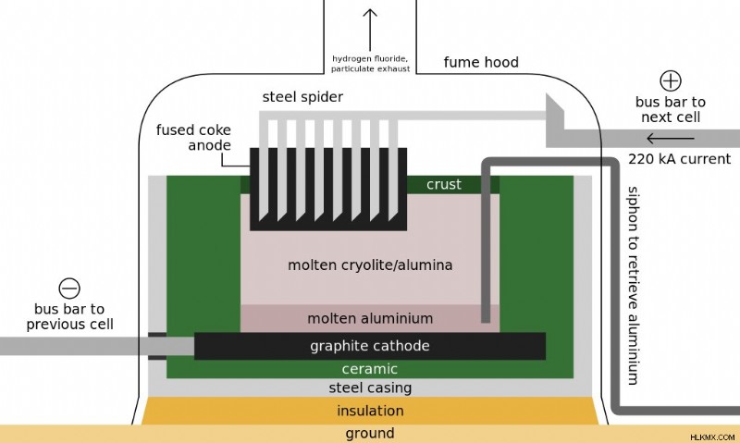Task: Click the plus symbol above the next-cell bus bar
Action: pyautogui.click(x=670, y=80)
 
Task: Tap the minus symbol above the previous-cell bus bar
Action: pyautogui.click(x=69, y=289)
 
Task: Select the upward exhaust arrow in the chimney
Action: pyautogui.click(x=370, y=30)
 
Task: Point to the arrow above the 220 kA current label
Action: pyautogui.click(x=670, y=138)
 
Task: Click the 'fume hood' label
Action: pyautogui.click(x=481, y=62)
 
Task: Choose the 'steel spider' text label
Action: pyautogui.click(x=302, y=97)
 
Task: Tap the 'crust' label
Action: pyautogui.click(x=444, y=184)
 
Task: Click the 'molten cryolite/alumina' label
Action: pyautogui.click(x=370, y=265)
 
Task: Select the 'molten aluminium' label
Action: pyautogui.click(x=370, y=318)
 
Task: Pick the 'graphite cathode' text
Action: pyautogui.click(x=369, y=346)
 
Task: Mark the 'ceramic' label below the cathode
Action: pyautogui.click(x=369, y=368)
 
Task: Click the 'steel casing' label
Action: pyautogui.click(x=370, y=388)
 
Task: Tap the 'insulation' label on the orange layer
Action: pyautogui.click(x=370, y=411)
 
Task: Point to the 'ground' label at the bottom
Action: pyautogui.click(x=370, y=433)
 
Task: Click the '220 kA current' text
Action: pyautogui.click(x=679, y=159)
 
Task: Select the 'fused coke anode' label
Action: pyautogui.click(x=193, y=137)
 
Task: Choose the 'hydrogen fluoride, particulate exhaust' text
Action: pyautogui.click(x=371, y=64)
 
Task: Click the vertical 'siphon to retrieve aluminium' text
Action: pyautogui.click(x=634, y=286)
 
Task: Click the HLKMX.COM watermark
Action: pyautogui.click(x=712, y=437)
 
